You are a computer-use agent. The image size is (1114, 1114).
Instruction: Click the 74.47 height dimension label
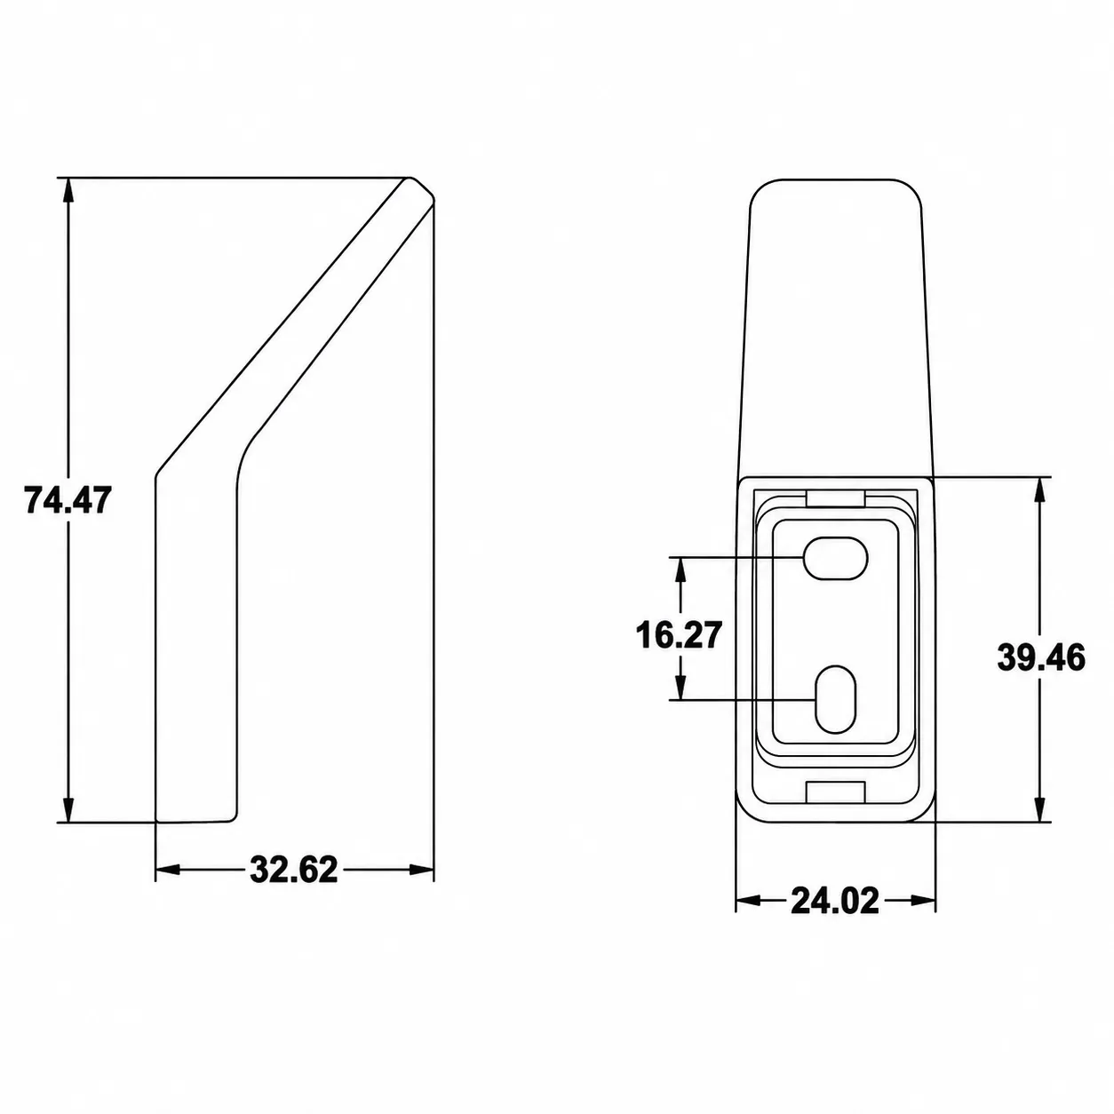[x=67, y=500]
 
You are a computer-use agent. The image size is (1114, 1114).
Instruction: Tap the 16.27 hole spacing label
[x=679, y=635]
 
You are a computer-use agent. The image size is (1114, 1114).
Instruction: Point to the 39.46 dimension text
[x=1041, y=658]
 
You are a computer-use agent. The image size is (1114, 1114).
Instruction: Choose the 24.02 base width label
[x=835, y=916]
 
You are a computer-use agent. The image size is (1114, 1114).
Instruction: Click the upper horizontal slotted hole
[x=836, y=558]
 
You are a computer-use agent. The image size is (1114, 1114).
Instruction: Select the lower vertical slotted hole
[x=835, y=699]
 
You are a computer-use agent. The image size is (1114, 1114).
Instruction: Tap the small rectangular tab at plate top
[x=835, y=499]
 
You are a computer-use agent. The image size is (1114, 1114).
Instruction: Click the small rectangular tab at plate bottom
[x=835, y=792]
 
